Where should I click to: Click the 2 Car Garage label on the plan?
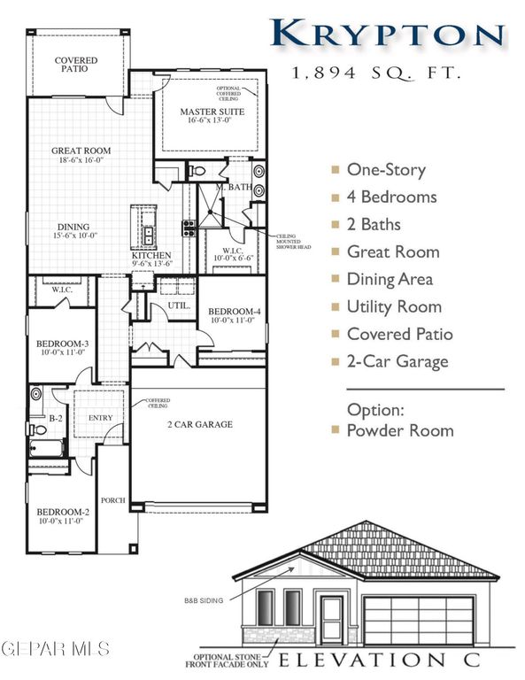click(200, 425)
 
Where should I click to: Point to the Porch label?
click(113, 500)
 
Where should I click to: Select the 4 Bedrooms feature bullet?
click(391, 197)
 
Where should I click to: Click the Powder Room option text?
click(399, 430)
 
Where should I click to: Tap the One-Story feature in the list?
click(386, 169)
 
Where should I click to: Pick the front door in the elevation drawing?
click(333, 619)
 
